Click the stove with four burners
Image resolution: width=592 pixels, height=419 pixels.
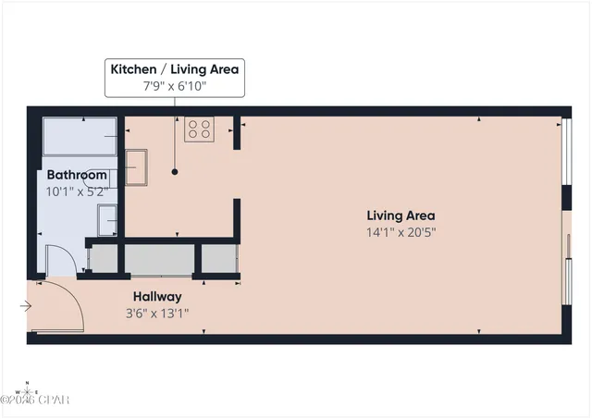pos(199,129)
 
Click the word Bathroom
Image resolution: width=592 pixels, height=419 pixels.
pos(77,174)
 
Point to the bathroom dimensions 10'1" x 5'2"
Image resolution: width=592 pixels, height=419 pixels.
pos(77,191)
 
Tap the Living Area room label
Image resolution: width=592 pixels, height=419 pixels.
pos(400,216)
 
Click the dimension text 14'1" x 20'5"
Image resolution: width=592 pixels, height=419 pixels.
pos(400,232)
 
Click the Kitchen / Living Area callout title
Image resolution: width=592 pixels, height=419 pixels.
pos(175,68)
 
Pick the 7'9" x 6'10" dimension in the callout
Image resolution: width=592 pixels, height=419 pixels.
pos(175,85)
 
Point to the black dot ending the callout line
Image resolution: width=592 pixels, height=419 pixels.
pos(175,172)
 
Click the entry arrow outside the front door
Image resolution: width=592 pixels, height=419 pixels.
pos(26,306)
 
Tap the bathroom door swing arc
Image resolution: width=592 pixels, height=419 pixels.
pos(61,254)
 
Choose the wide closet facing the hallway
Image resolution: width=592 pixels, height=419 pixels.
pos(158,259)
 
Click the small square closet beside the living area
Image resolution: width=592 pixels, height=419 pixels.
pos(219,259)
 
